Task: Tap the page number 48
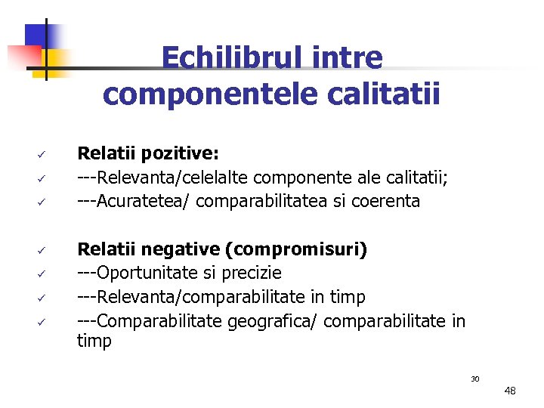pos(510,391)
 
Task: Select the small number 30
pos(475,379)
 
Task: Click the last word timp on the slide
pos(94,341)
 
